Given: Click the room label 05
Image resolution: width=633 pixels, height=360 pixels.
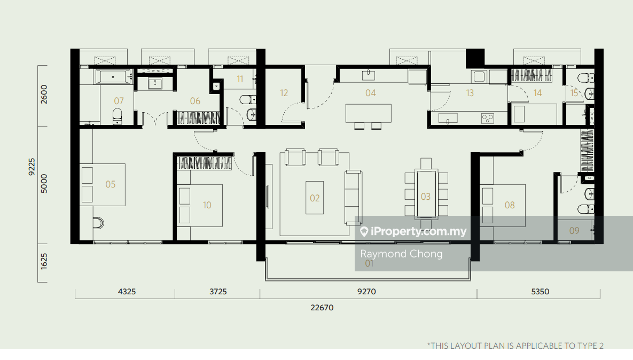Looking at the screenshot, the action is [110, 184].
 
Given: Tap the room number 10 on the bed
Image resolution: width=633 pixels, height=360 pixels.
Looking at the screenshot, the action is [207, 206].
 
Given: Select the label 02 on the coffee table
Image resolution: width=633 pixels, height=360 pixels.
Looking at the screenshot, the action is [315, 198].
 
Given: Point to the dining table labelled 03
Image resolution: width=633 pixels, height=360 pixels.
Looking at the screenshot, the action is [426, 194].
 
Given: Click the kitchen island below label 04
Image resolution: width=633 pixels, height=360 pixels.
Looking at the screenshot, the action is [369, 113].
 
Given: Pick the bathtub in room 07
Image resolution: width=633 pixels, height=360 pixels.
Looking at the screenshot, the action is [114, 76].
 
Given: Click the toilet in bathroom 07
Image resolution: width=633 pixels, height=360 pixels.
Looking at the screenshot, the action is [117, 116].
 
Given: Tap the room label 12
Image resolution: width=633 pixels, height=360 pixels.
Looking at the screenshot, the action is [284, 93].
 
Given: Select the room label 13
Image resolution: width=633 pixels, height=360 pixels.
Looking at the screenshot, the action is [470, 93].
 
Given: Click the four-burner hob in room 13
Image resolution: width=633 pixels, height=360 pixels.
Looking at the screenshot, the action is [487, 119].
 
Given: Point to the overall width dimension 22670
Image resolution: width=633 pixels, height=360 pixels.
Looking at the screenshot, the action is [322, 308].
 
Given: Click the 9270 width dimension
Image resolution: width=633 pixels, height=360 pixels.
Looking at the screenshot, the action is [366, 292].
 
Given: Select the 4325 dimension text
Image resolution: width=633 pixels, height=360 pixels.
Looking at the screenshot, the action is [127, 292].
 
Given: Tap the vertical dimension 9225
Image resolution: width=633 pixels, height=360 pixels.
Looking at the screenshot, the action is [32, 167].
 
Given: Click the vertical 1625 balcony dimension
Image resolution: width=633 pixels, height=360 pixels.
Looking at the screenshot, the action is [44, 261].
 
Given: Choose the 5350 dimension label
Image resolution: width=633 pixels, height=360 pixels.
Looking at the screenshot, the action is [540, 292].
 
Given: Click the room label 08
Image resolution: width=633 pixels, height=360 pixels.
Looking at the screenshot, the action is [510, 206].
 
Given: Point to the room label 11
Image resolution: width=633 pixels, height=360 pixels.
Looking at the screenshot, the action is [240, 79].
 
